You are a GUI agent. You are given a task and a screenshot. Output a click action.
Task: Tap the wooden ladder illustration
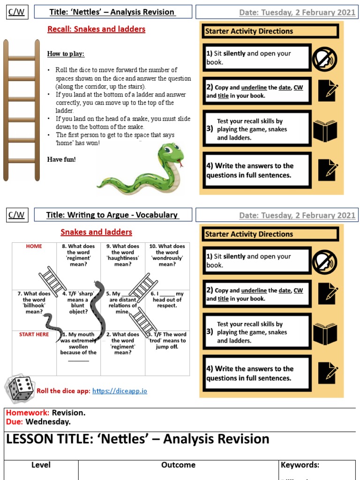coord(22,110)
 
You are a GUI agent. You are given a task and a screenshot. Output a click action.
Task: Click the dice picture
coord(19,390)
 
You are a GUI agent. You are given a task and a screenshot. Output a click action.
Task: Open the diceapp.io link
coord(120,391)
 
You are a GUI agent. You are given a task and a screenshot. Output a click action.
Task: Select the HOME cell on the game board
coord(34,247)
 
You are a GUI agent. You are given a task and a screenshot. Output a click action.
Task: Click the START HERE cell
coord(34,335)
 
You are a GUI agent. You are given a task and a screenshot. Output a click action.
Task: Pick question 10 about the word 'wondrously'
coord(167,255)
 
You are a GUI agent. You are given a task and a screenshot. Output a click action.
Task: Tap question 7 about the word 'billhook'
coord(34,302)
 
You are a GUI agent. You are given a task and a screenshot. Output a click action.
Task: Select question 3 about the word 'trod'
coord(167,341)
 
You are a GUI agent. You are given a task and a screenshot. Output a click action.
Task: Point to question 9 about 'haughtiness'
coord(123,255)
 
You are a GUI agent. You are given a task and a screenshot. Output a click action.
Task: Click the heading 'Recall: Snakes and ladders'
coord(96,29)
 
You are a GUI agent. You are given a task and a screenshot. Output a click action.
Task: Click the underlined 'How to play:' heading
coord(66,54)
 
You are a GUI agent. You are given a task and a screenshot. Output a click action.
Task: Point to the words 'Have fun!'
coord(61,159)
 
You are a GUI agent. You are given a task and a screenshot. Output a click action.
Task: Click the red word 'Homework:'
coord(27,413)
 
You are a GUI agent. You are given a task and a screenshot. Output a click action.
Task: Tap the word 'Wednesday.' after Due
coord(48,421)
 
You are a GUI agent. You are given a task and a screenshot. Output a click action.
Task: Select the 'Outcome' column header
coord(178,465)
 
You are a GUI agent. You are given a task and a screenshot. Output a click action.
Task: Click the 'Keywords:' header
coord(300,465)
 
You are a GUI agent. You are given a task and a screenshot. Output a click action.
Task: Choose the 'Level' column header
coord(41,465)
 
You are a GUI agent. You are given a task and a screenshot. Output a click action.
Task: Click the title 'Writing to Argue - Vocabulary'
coord(112,215)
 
